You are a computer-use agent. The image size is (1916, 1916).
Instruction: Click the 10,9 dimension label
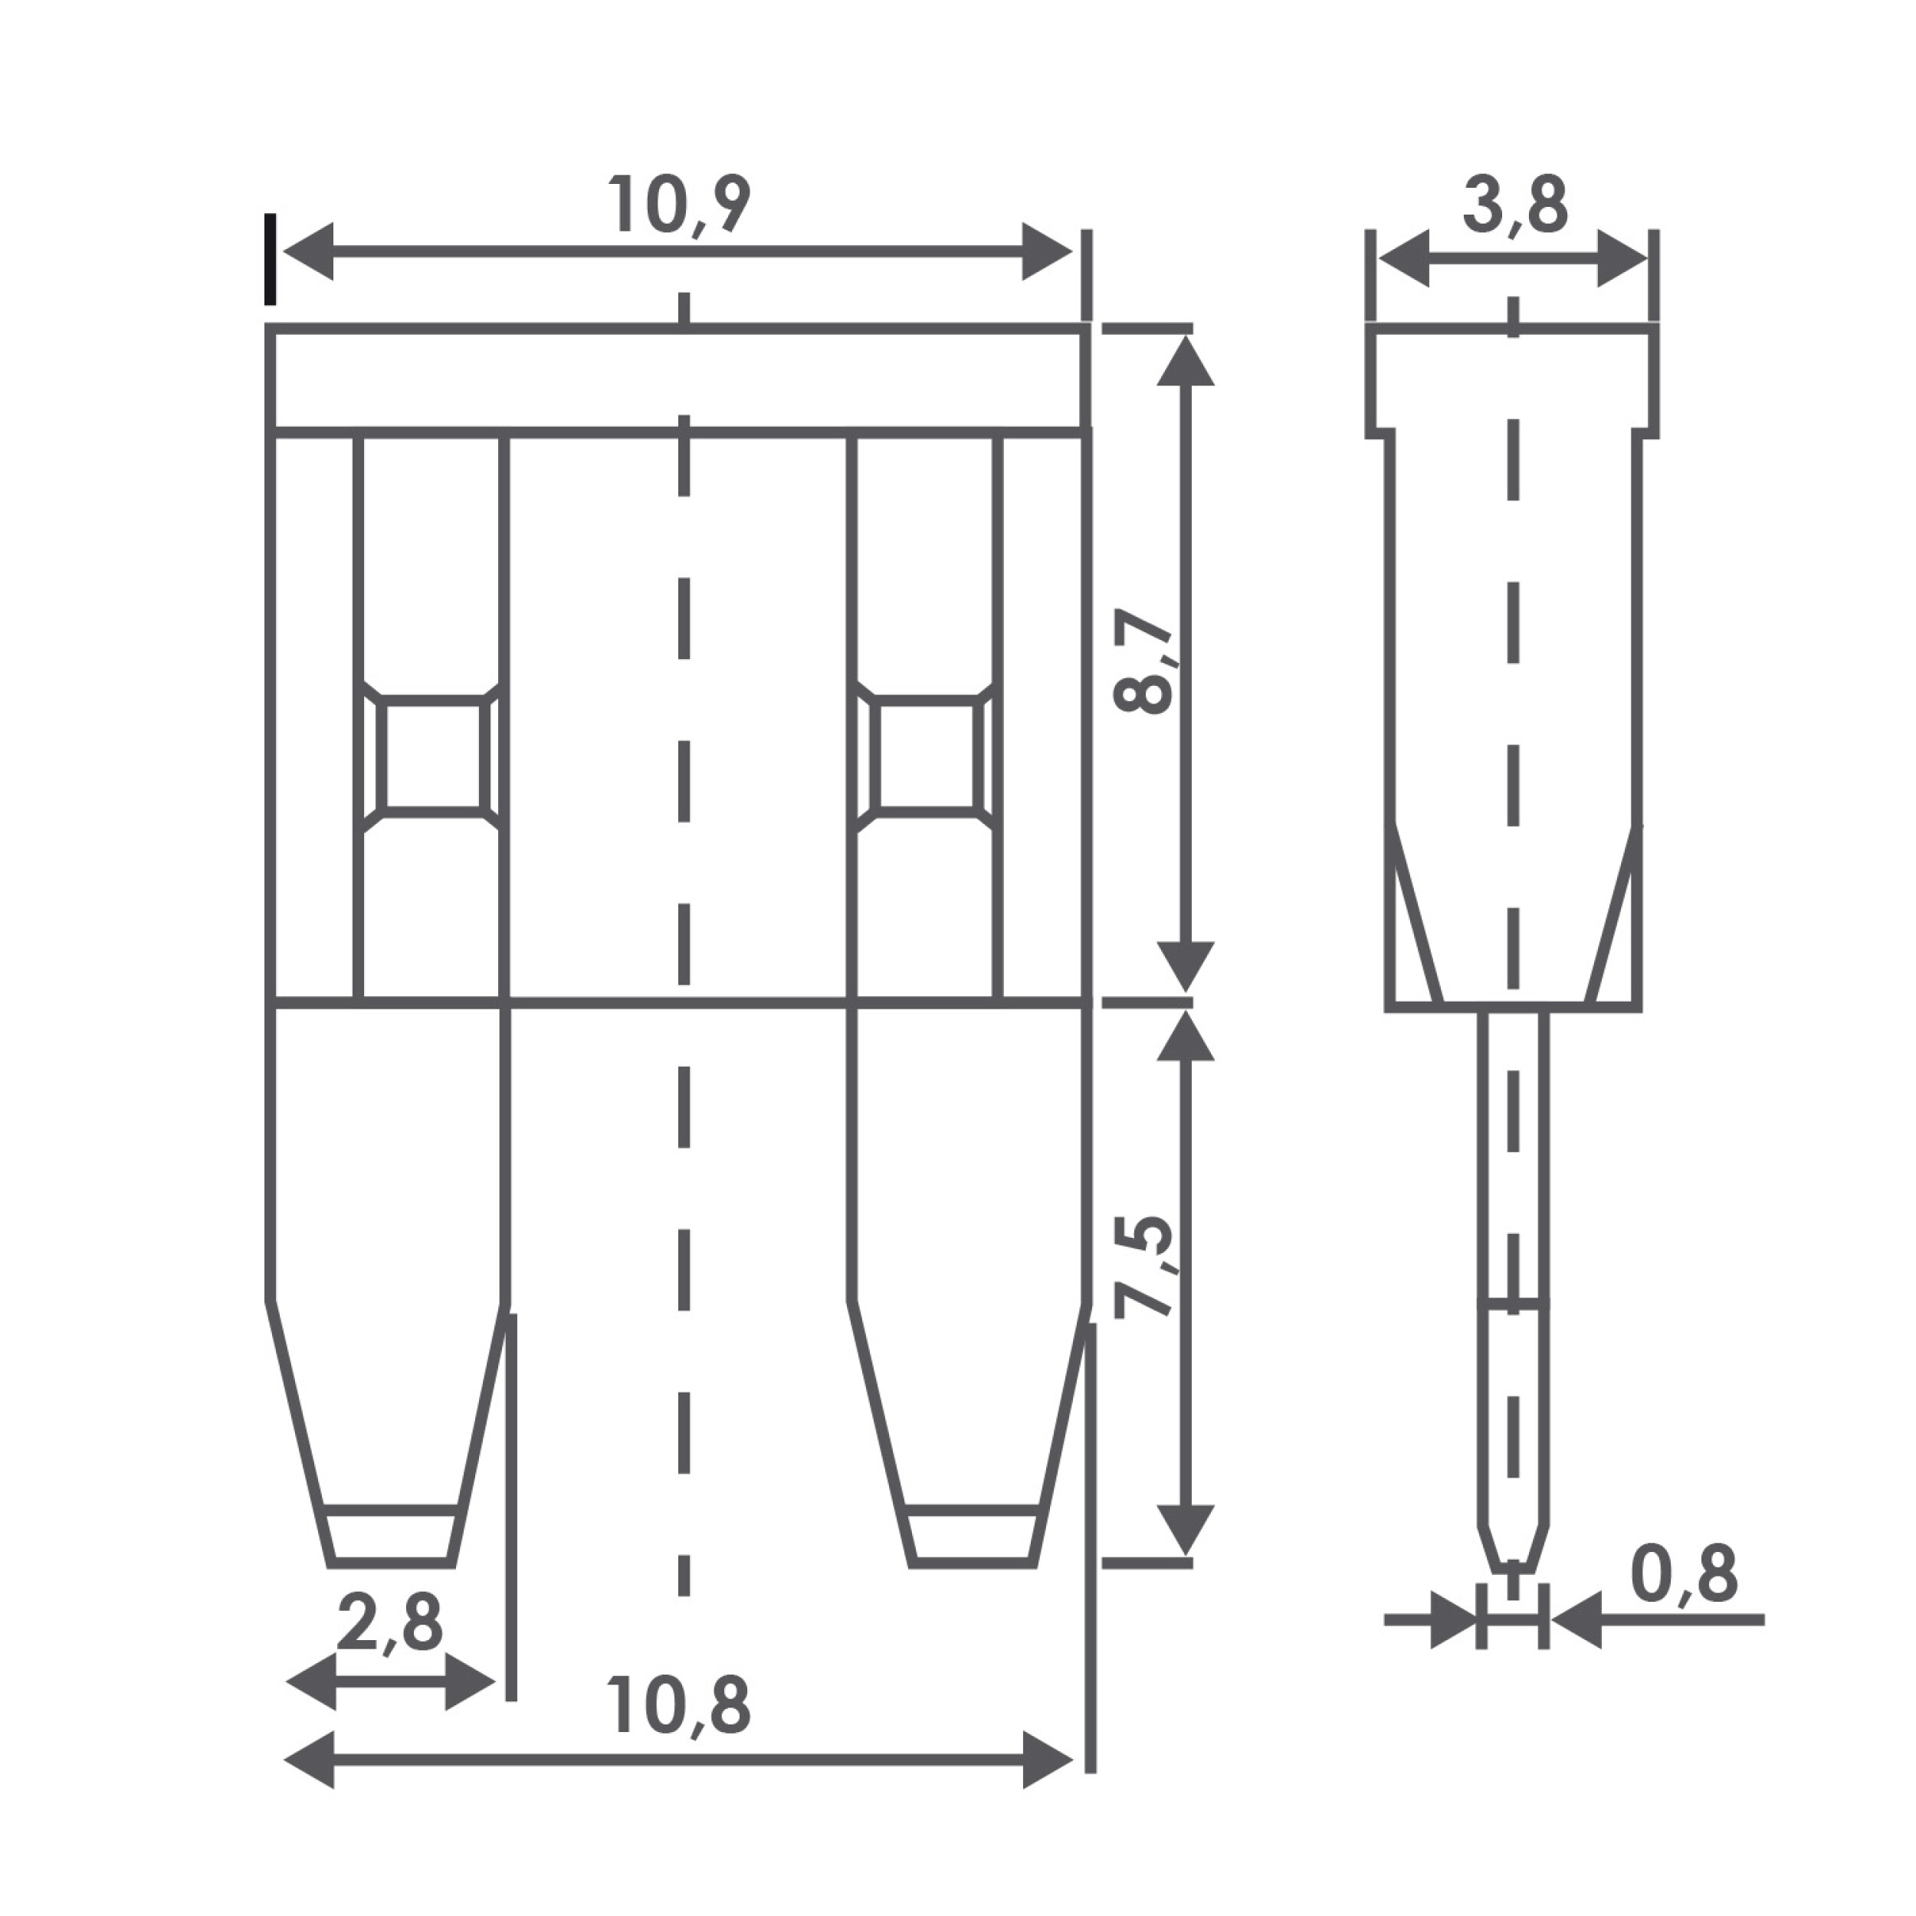[678, 205]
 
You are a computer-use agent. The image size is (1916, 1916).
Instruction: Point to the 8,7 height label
[1143, 661]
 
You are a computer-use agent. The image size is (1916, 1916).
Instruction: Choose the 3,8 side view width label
[1514, 205]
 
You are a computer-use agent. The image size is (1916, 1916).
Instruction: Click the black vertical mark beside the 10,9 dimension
[270, 260]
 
